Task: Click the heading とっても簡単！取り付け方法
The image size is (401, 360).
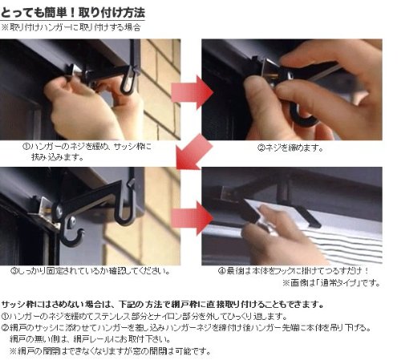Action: pyautogui.click(x=73, y=13)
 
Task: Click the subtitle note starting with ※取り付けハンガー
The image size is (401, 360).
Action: pyautogui.click(x=71, y=27)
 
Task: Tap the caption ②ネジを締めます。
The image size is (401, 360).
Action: pyautogui.click(x=290, y=148)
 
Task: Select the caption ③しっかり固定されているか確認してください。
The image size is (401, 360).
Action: pyautogui.click(x=91, y=271)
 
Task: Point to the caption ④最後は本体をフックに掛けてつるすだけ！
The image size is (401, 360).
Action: pyautogui.click(x=294, y=271)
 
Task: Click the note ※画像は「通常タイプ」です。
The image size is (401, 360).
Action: pyautogui.click(x=331, y=283)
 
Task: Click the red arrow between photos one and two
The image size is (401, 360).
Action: pyautogui.click(x=192, y=93)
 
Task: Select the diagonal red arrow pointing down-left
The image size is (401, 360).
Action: pyautogui.click(x=194, y=152)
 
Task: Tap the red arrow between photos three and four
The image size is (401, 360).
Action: pyautogui.click(x=192, y=218)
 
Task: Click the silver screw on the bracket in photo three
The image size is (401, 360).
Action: pyautogui.click(x=71, y=220)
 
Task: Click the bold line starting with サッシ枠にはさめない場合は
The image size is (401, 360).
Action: pyautogui.click(x=163, y=304)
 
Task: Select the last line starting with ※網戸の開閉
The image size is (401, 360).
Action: pyautogui.click(x=110, y=350)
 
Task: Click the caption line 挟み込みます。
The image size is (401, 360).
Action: pyautogui.click(x=58, y=157)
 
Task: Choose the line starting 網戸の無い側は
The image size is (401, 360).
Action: pyautogui.click(x=90, y=339)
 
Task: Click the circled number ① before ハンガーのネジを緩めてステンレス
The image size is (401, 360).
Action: pyautogui.click(x=5, y=317)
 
